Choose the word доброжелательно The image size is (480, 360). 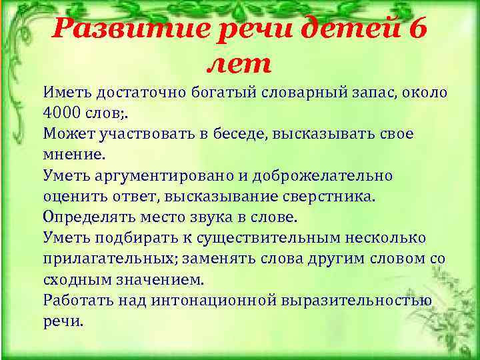pos(324,176)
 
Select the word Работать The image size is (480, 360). pos(78,301)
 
